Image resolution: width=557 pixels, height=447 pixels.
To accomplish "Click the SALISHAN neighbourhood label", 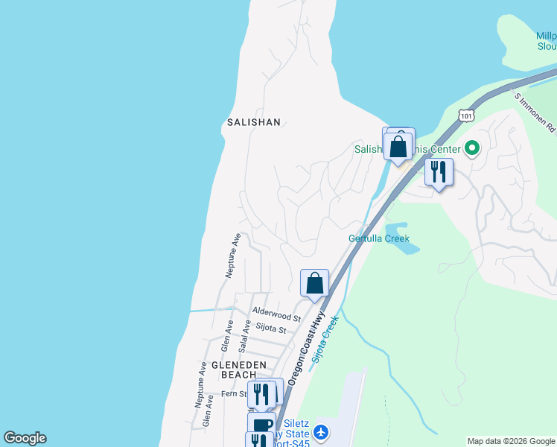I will point(254,121).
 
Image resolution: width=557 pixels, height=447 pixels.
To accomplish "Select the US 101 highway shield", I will point(466,115).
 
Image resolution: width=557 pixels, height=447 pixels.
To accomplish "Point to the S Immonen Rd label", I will point(535,111).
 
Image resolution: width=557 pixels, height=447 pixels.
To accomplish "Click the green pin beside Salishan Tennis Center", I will point(471,149).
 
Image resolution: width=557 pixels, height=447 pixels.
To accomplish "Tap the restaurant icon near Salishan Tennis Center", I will point(439,172).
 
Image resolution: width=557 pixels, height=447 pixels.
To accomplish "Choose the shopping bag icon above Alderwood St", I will point(314,283).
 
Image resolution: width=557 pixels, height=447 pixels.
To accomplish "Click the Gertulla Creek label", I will point(379,238).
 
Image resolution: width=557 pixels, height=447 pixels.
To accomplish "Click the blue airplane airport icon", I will point(321,432).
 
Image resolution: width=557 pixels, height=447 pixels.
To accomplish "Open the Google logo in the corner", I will point(25,438).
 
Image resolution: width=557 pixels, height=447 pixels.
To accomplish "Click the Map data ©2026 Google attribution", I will point(511,441).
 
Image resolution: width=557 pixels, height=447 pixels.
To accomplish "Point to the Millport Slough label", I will point(546,41).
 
